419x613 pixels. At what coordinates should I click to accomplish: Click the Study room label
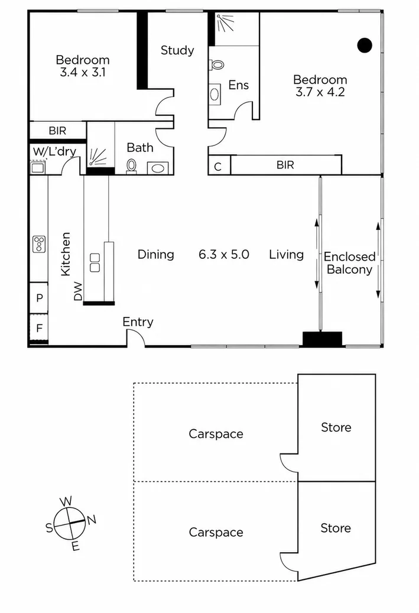[x=177, y=50]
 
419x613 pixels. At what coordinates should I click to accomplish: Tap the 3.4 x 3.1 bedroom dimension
[x=83, y=72]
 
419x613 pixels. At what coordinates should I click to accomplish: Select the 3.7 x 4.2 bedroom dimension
[x=320, y=92]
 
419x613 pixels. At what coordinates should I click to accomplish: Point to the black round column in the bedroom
[x=365, y=46]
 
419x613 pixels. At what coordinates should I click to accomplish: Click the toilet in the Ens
[x=217, y=64]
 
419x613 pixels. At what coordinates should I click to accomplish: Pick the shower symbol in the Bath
[x=98, y=157]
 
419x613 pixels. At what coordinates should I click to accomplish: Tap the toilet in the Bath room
[x=131, y=166]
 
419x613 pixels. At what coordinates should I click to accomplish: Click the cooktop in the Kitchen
[x=39, y=244]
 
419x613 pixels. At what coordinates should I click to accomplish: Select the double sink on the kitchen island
[x=95, y=262]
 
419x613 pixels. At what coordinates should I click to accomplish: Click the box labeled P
[x=39, y=298]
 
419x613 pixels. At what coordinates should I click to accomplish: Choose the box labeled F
[x=39, y=328]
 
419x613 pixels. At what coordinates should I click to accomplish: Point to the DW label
[x=78, y=291]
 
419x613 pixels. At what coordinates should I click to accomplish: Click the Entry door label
[x=138, y=322]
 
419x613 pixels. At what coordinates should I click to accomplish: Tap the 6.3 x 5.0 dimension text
[x=224, y=255]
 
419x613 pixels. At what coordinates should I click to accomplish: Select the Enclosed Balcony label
[x=349, y=262]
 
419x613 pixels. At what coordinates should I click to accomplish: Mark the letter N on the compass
[x=92, y=520]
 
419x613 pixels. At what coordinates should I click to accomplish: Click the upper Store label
[x=336, y=427]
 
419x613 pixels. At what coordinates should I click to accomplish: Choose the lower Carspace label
[x=216, y=532]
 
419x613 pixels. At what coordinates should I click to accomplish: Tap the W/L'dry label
[x=54, y=151]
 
